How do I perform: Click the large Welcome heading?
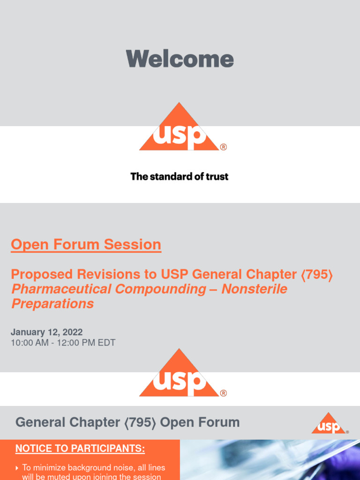[180, 59]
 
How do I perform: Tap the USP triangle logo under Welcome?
[179, 129]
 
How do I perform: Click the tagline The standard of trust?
[180, 177]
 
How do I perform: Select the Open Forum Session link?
[86, 245]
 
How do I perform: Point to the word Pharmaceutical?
[61, 289]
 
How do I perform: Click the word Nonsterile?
[254, 289]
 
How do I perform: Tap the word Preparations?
[52, 304]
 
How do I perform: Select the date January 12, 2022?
[46, 332]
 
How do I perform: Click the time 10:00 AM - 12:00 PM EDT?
[63, 343]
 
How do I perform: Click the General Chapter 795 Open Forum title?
[127, 422]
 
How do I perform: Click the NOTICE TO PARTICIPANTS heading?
[80, 449]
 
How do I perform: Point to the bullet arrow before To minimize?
[17, 468]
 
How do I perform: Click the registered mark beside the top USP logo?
[223, 147]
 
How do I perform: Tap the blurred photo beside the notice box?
[270, 460]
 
